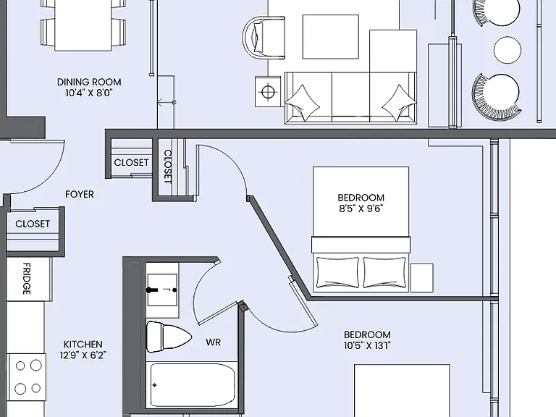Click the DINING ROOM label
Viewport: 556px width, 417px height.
click(x=89, y=82)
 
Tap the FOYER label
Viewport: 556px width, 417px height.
click(x=80, y=194)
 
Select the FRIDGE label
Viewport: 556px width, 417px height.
click(x=27, y=279)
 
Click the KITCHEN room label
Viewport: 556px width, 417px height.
click(x=83, y=344)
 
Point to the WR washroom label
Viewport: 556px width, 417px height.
click(x=213, y=342)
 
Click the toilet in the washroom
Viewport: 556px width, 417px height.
click(x=169, y=337)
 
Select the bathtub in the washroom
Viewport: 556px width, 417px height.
click(x=192, y=385)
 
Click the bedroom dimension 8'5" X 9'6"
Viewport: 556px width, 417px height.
click(x=361, y=208)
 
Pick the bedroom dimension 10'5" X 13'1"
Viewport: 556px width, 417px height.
click(x=367, y=345)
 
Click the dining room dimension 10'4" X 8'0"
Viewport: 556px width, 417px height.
click(x=89, y=93)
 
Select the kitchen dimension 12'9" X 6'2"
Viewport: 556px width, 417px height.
click(x=83, y=355)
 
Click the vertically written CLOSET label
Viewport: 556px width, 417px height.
click(x=167, y=167)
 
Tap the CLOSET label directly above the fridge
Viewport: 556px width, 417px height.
click(x=33, y=224)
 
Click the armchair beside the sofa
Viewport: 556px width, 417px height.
click(x=264, y=38)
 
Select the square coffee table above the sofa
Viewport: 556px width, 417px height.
click(x=330, y=37)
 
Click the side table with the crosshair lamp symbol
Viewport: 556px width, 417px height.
click(x=268, y=91)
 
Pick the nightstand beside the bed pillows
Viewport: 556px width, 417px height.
click(x=422, y=278)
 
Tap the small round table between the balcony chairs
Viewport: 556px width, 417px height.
click(x=507, y=50)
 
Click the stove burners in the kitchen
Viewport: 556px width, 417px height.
click(x=28, y=377)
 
